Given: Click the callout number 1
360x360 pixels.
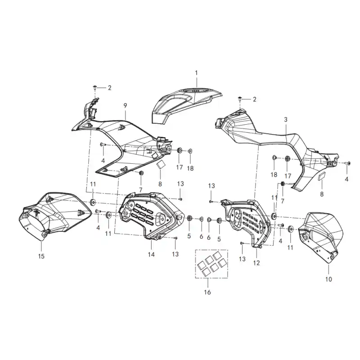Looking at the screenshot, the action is pos(196,73).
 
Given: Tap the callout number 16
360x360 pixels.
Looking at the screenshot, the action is pos(207,292).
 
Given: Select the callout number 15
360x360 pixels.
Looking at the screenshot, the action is pos(41,256).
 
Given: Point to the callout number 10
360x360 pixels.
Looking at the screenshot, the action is pos(328,279).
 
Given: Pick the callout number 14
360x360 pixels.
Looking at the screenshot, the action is pos(151,254).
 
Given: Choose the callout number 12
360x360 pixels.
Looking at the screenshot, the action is pos(256,263).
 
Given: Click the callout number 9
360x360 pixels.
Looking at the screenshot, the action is pos(125,106).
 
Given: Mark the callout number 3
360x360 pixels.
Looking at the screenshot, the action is pos(286,120).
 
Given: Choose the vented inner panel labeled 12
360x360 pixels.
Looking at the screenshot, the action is pos(246,221).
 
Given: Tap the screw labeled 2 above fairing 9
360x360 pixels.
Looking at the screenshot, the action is pos(95,87).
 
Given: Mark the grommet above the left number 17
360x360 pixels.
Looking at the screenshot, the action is pos(180,151).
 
